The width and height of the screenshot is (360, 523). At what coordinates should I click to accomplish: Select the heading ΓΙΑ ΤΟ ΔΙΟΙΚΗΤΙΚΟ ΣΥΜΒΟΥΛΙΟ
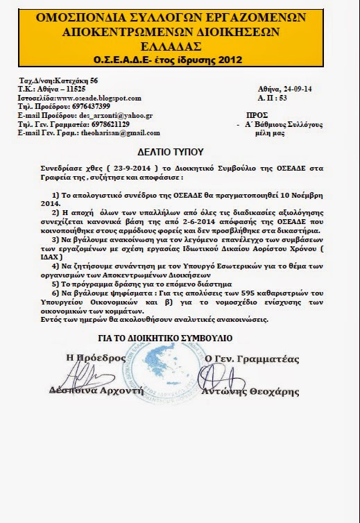coord(180,338)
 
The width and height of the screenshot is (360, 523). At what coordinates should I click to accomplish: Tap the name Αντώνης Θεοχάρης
coord(266,390)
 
